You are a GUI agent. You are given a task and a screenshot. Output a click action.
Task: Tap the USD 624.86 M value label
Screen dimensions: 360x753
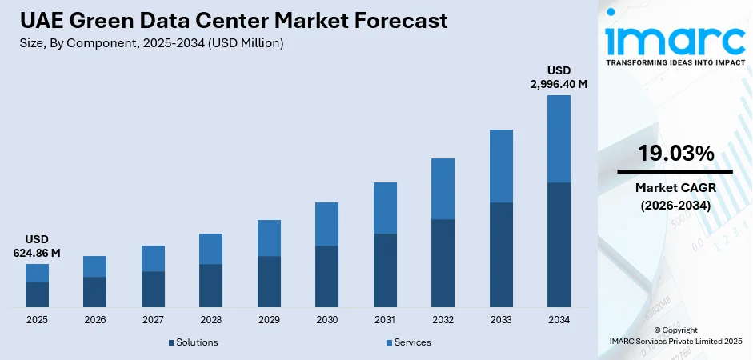pos(37,246)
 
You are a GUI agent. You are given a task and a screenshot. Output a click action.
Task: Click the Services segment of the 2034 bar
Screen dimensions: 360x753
pos(559,138)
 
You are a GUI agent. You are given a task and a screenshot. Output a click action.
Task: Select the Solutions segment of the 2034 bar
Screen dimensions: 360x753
pos(559,245)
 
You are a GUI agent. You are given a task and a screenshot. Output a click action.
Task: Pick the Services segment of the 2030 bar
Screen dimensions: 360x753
pos(326,224)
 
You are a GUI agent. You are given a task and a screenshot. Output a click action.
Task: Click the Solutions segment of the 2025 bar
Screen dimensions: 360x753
pos(37,294)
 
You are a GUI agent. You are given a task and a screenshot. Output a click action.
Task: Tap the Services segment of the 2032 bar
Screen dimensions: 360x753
pos(443,189)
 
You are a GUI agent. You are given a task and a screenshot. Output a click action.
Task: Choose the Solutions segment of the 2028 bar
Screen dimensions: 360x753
pos(210,286)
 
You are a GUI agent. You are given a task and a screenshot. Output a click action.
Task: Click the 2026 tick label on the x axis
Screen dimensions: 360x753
pos(94,320)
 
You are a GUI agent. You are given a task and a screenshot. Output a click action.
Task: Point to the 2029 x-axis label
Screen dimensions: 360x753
pos(269,320)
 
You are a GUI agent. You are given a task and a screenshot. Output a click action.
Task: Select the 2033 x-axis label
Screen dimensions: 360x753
pos(501,320)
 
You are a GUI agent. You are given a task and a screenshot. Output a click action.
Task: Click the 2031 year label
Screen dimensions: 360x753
pos(385,320)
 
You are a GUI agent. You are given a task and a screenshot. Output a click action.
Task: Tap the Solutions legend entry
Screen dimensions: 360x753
pos(193,342)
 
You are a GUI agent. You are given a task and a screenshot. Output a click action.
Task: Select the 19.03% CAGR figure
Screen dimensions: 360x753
pos(675,154)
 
